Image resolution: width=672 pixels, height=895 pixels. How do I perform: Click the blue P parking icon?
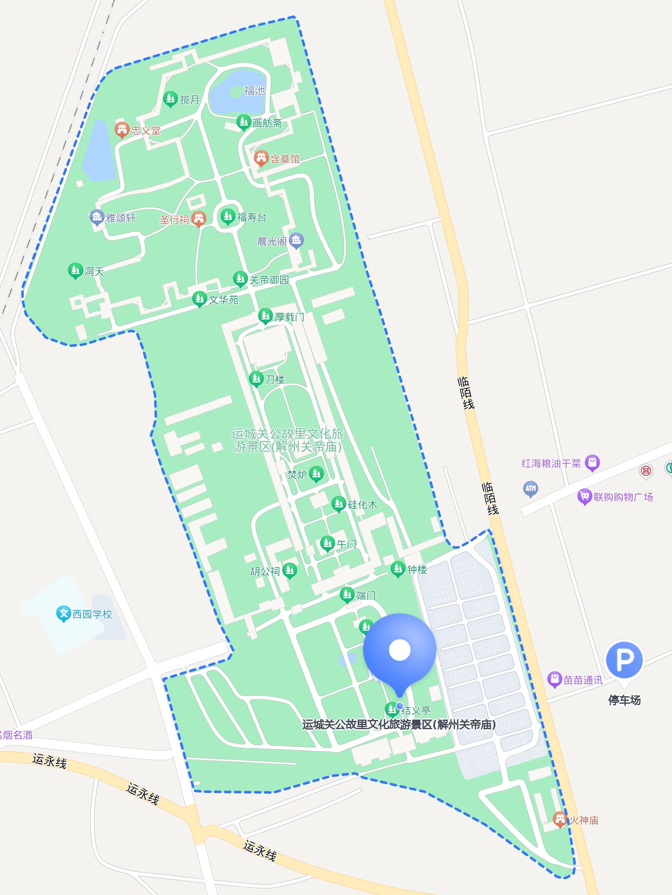pyautogui.click(x=624, y=660)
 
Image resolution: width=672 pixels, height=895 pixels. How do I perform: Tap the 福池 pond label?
pyautogui.click(x=254, y=90)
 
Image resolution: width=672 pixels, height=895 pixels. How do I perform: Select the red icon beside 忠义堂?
pyautogui.click(x=122, y=130)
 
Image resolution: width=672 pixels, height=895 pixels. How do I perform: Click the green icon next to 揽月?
pyautogui.click(x=170, y=99)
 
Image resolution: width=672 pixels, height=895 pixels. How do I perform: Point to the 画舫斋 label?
pyautogui.click(x=267, y=123)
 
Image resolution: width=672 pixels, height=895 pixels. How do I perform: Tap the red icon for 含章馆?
pyautogui.click(x=261, y=158)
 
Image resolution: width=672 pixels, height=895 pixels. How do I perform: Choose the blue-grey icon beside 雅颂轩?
pyautogui.click(x=97, y=217)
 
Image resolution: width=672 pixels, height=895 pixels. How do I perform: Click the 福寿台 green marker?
pyautogui.click(x=228, y=216)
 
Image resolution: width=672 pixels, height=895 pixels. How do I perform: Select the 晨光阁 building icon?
pyautogui.click(x=296, y=240)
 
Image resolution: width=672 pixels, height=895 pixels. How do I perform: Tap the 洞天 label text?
pyautogui.click(x=94, y=272)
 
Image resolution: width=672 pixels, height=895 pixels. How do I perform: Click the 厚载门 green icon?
pyautogui.click(x=266, y=316)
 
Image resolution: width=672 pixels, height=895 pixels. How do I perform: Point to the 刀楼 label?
pyautogui.click(x=275, y=379)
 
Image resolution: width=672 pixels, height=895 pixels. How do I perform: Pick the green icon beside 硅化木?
pyautogui.click(x=339, y=504)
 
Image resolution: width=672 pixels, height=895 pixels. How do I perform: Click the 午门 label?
pyautogui.click(x=346, y=544)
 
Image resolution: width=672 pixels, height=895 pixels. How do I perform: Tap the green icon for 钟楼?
pyautogui.click(x=398, y=569)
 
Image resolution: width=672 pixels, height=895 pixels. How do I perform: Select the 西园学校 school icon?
pyautogui.click(x=63, y=613)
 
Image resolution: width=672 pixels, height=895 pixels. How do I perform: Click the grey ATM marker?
pyautogui.click(x=531, y=488)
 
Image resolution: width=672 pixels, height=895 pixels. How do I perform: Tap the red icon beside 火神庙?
pyautogui.click(x=560, y=819)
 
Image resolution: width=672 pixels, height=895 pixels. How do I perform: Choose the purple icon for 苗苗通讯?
pyautogui.click(x=554, y=679)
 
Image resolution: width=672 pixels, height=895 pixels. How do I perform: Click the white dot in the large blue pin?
pyautogui.click(x=399, y=650)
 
